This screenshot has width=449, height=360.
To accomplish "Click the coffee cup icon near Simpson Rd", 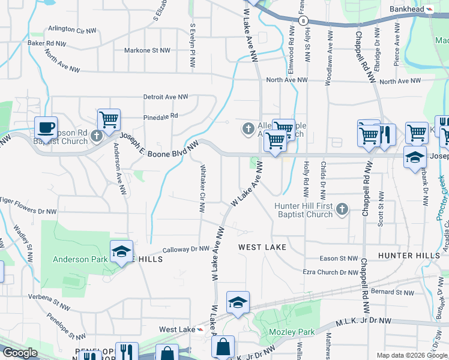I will pyautogui.click(x=46, y=127).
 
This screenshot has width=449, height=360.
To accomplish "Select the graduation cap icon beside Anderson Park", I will pyautogui.click(x=121, y=251).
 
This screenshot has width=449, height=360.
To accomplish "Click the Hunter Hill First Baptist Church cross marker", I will pyautogui.click(x=342, y=209).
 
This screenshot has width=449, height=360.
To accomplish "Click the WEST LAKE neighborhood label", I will pyautogui.click(x=262, y=247).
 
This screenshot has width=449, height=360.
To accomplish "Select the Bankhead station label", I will pyautogui.click(x=406, y=9).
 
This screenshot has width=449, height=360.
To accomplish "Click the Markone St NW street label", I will pyautogui.click(x=148, y=51).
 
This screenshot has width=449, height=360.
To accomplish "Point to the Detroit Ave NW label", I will pyautogui.click(x=165, y=97).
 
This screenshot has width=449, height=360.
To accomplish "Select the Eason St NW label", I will pyautogui.click(x=339, y=259).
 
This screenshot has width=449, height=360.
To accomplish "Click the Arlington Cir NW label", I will pyautogui.click(x=73, y=29).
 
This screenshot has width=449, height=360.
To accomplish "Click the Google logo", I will pyautogui.click(x=20, y=353).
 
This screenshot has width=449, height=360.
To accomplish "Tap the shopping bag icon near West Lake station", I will pyautogui.click(x=223, y=347).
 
